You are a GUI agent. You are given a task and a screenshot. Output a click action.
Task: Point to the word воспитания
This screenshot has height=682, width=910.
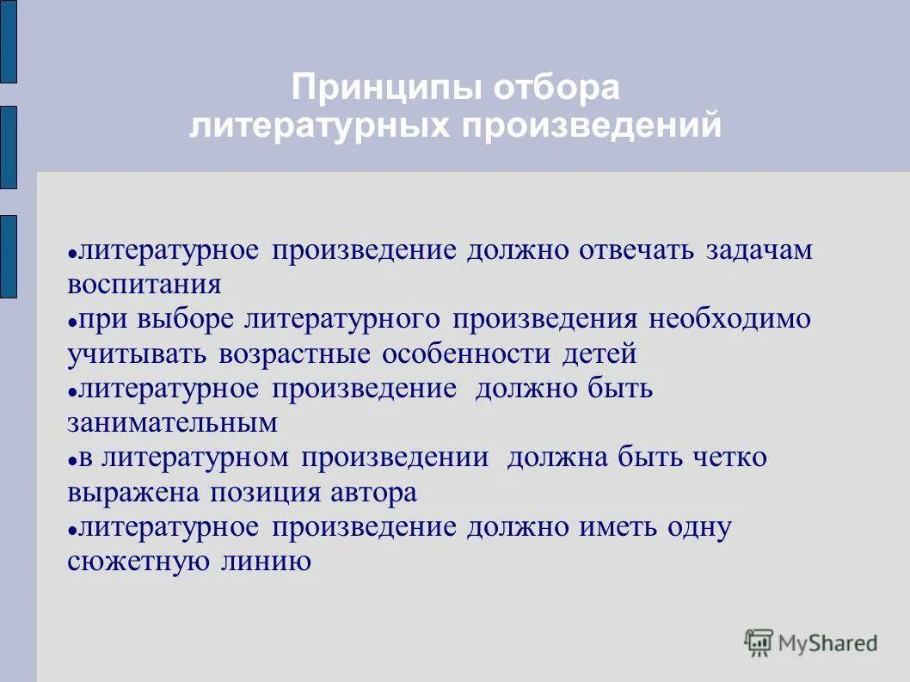(144, 284)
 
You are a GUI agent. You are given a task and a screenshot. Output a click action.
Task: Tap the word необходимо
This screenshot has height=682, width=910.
(729, 319)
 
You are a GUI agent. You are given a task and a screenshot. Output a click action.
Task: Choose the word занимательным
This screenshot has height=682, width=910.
(172, 422)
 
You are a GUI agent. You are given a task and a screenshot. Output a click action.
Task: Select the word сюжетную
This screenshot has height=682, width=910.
(134, 562)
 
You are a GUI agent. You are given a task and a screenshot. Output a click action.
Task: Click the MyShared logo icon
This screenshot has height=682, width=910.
(759, 642)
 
